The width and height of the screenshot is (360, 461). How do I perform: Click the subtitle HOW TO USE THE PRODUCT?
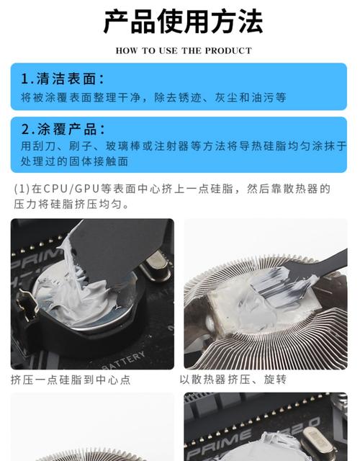click(184, 50)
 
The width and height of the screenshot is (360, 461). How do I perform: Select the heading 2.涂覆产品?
click(62, 130)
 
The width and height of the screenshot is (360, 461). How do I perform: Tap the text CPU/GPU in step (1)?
click(66, 189)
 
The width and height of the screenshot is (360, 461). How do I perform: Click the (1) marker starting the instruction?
click(21, 189)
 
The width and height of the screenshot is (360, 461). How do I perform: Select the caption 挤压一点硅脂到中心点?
click(71, 380)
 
